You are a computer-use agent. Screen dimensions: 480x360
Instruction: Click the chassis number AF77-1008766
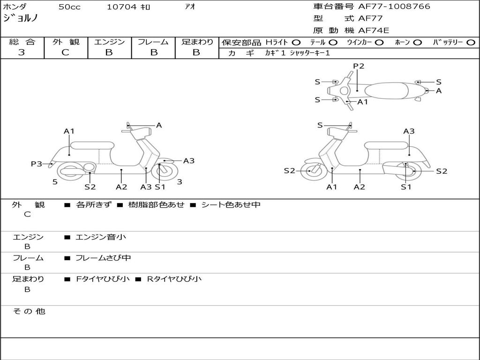[394, 7]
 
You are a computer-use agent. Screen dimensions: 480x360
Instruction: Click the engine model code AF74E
[374, 30]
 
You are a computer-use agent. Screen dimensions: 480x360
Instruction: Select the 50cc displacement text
[69, 7]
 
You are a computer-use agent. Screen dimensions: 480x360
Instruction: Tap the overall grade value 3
[22, 52]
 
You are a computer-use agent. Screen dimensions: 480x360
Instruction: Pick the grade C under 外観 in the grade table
[65, 52]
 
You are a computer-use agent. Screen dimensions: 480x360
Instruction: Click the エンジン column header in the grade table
[109, 42]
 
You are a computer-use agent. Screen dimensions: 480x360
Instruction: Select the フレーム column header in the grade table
[153, 42]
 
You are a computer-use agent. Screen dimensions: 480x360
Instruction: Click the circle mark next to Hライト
[296, 43]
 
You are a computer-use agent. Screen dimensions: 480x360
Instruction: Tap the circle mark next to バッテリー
[471, 43]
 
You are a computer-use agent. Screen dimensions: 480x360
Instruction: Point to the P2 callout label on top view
[359, 66]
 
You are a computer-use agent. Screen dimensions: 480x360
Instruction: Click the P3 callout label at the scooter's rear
[37, 164]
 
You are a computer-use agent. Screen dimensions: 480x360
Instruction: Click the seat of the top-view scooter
[386, 91]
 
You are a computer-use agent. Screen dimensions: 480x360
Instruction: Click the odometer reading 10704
[121, 7]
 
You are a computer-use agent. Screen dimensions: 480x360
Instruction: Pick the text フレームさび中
[103, 258]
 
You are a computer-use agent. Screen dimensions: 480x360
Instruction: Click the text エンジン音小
[101, 237]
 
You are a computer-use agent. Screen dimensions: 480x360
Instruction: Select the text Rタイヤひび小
[174, 279]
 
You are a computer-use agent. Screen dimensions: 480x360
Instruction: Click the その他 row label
[29, 311]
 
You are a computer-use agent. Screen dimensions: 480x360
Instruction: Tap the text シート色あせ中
[231, 204]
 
